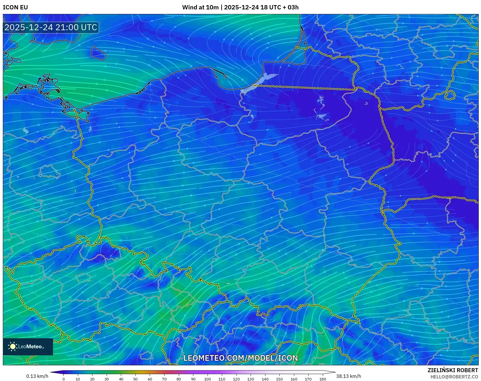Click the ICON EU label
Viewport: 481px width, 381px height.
tap(15, 7)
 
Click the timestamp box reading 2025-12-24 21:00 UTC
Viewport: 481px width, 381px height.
tap(51, 27)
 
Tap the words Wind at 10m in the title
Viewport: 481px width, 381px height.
tap(200, 7)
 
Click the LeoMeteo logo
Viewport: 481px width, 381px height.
tap(28, 347)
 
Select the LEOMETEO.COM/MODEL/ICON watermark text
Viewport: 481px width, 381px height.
tap(240, 358)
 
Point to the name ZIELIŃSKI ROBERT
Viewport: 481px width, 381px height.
tap(452, 370)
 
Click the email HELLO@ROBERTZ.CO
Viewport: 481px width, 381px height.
tap(454, 377)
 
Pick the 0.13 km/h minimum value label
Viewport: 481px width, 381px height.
tap(37, 376)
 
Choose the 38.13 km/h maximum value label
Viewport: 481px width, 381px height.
tap(348, 376)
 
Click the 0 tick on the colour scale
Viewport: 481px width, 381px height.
tap(64, 379)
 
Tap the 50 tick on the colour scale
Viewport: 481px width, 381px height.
tap(135, 379)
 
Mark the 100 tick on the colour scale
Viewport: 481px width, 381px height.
tap(207, 379)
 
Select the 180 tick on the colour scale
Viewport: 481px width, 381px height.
tap(322, 379)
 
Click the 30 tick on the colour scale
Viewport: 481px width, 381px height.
tap(107, 379)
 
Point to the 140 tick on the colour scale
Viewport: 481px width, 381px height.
tap(265, 379)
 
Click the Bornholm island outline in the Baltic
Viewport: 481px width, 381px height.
tap(98, 53)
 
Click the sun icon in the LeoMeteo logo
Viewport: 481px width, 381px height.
tap(13, 347)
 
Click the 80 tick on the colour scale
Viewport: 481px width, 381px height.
tap(178, 379)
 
